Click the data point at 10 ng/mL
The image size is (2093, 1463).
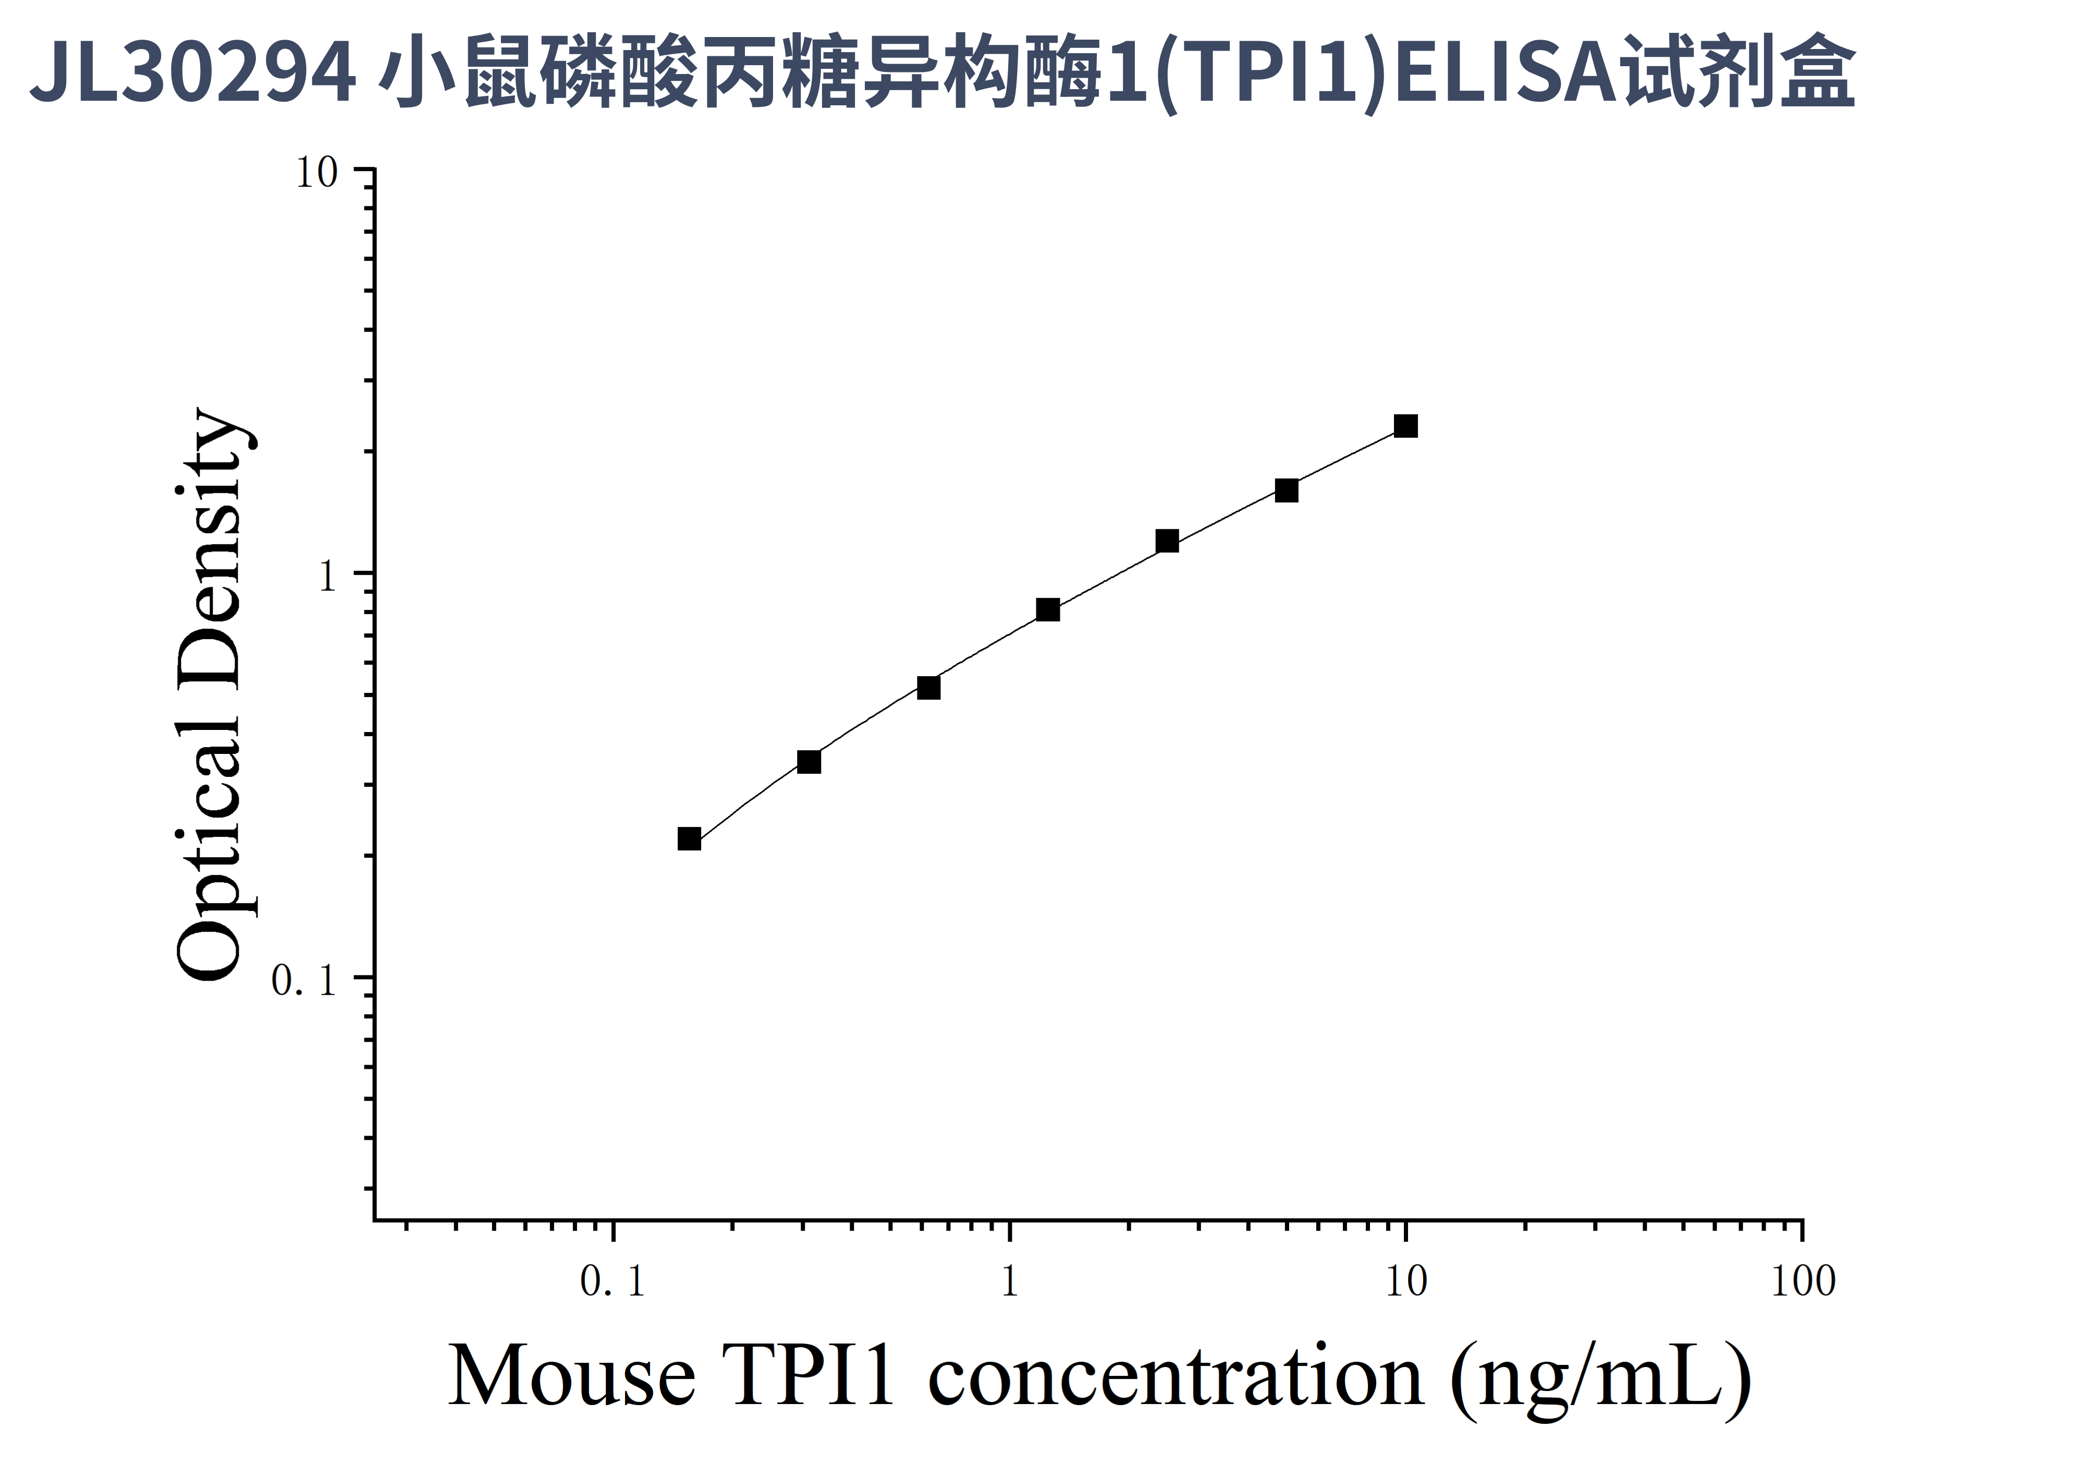(1405, 425)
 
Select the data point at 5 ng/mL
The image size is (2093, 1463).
(1286, 491)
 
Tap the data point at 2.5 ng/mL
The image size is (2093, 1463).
(1167, 541)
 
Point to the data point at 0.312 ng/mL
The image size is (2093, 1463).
(809, 761)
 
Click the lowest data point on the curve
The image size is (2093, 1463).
(689, 838)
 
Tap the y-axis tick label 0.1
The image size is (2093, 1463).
(304, 981)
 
